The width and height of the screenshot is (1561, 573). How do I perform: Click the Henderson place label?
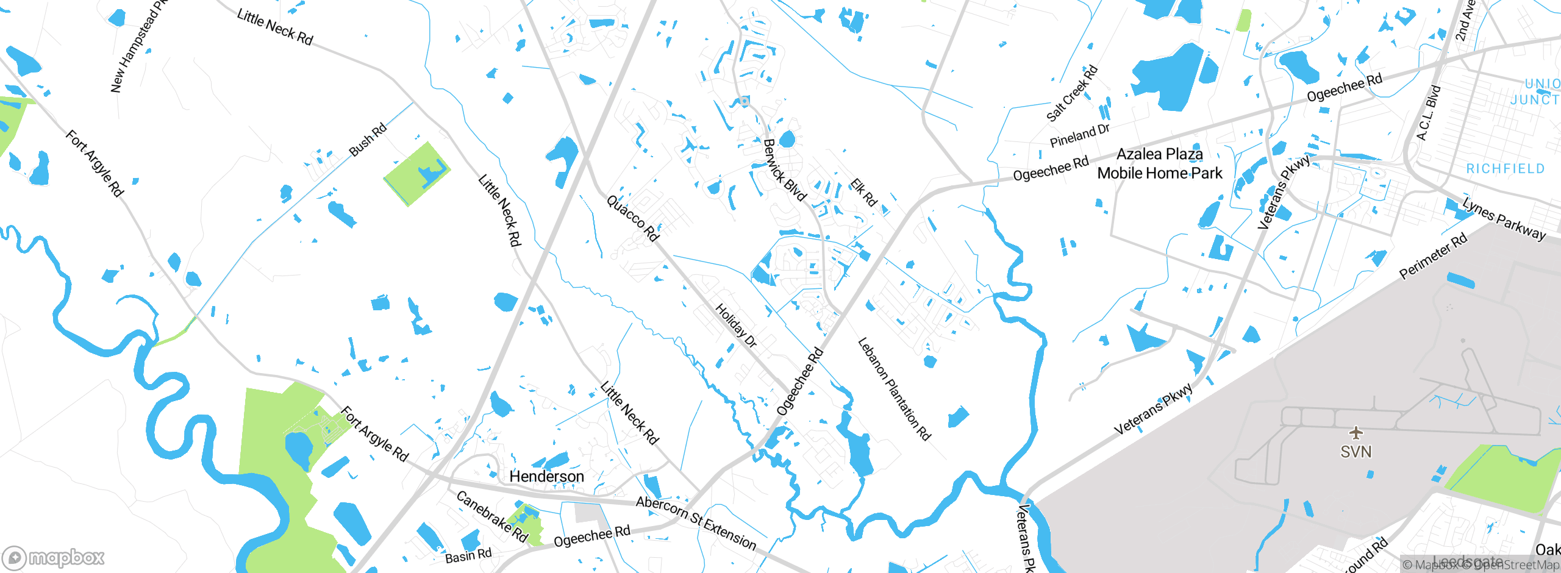point(546,476)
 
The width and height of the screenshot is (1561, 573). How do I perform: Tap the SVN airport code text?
point(1356,452)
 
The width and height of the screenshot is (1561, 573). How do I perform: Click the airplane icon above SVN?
point(1356,433)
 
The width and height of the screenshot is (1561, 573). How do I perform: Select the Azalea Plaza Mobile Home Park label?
point(1160,163)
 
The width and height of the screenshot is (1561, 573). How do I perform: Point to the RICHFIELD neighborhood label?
point(1505,168)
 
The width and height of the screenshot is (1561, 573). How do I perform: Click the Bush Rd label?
point(368,140)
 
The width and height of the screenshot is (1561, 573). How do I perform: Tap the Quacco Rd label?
point(633,218)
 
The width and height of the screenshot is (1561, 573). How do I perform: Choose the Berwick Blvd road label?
point(785,170)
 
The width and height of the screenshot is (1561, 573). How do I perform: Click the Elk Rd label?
point(863,192)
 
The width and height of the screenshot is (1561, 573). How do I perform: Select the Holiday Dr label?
point(736,326)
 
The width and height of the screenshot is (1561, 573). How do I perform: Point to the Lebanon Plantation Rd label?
point(894,388)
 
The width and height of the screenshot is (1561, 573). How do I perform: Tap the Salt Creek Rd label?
point(1072,93)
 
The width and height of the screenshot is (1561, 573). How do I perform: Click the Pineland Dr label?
point(1079,135)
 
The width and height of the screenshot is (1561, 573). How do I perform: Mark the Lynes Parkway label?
point(1504,219)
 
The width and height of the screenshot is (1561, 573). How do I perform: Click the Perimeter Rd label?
point(1433,256)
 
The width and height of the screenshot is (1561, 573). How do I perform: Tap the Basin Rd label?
point(468,556)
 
